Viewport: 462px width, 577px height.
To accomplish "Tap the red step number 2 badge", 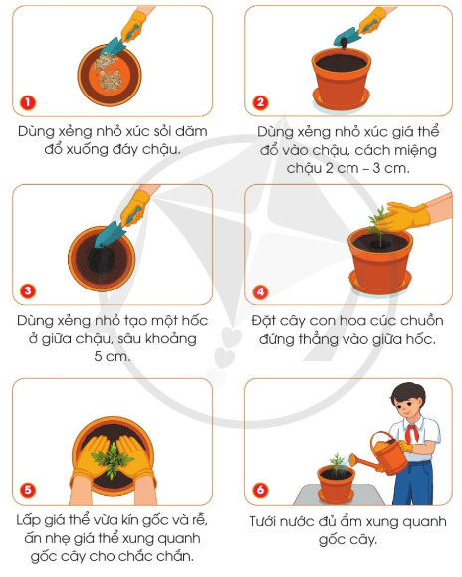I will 260,102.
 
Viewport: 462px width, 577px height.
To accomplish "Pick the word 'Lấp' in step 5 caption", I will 32,519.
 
